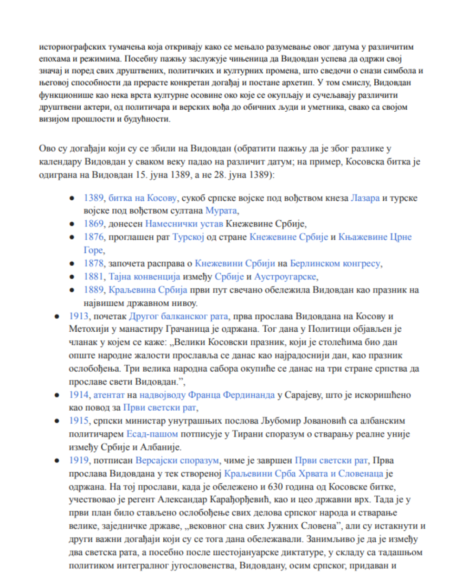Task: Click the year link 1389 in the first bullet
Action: (x=94, y=198)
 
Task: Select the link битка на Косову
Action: (x=143, y=198)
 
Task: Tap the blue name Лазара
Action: (x=365, y=198)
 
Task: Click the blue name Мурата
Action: (x=221, y=210)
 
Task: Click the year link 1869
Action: (x=94, y=224)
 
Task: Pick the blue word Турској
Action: (x=186, y=237)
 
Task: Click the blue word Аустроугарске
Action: (x=285, y=277)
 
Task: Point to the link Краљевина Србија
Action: (x=148, y=290)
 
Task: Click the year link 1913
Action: (x=79, y=317)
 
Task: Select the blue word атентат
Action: (x=109, y=395)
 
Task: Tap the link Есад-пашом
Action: (x=152, y=435)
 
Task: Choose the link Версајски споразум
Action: (x=177, y=461)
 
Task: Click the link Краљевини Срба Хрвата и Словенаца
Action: (x=304, y=474)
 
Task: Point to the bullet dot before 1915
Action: (x=57, y=421)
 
